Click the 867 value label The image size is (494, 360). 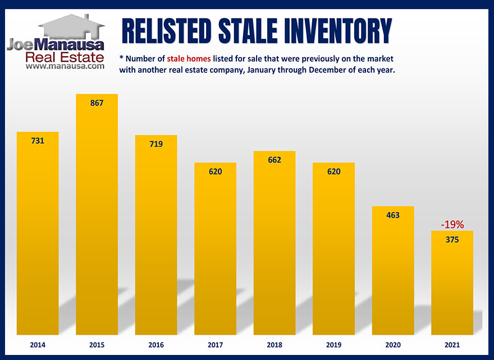click(97, 103)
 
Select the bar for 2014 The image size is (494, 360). click(38, 233)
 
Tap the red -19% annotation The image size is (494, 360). click(452, 225)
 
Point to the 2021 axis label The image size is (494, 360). click(452, 345)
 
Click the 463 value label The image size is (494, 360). click(393, 215)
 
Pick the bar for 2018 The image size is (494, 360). click(275, 243)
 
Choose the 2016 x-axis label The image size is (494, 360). click(156, 345)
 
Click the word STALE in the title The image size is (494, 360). click(248, 31)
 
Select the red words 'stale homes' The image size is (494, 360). click(189, 59)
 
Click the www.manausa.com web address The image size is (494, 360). click(65, 66)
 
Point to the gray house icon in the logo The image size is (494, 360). click(71, 26)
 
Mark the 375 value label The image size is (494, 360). click(452, 240)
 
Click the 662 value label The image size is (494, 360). click(275, 160)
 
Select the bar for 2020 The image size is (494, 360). click(393, 271)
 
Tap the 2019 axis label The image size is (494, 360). click(333, 345)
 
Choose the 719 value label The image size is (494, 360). click(156, 144)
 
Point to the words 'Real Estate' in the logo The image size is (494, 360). click(65, 57)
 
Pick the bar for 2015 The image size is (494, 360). click(97, 215)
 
